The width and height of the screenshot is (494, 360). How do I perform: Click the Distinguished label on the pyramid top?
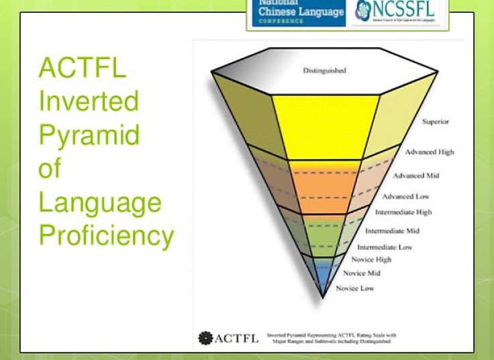click(x=324, y=71)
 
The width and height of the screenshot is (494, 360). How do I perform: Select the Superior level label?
click(x=436, y=122)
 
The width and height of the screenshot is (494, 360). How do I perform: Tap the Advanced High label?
click(x=429, y=152)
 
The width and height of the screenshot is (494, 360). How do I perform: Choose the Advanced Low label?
click(x=405, y=197)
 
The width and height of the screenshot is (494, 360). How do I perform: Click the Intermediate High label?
click(x=403, y=212)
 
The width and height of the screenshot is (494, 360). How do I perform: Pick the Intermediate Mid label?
click(x=392, y=230)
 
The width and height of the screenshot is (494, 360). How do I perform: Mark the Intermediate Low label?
click(x=385, y=247)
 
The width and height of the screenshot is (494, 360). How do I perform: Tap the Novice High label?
click(x=372, y=259)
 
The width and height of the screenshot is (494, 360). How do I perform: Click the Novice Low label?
click(x=355, y=288)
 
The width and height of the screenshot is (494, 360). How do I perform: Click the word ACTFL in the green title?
click(x=82, y=69)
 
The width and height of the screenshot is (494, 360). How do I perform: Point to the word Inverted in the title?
click(x=89, y=101)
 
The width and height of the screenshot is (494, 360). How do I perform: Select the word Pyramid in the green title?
click(x=89, y=134)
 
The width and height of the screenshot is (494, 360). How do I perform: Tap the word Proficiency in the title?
click(x=106, y=236)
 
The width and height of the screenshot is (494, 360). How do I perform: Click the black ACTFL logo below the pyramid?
click(x=228, y=337)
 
